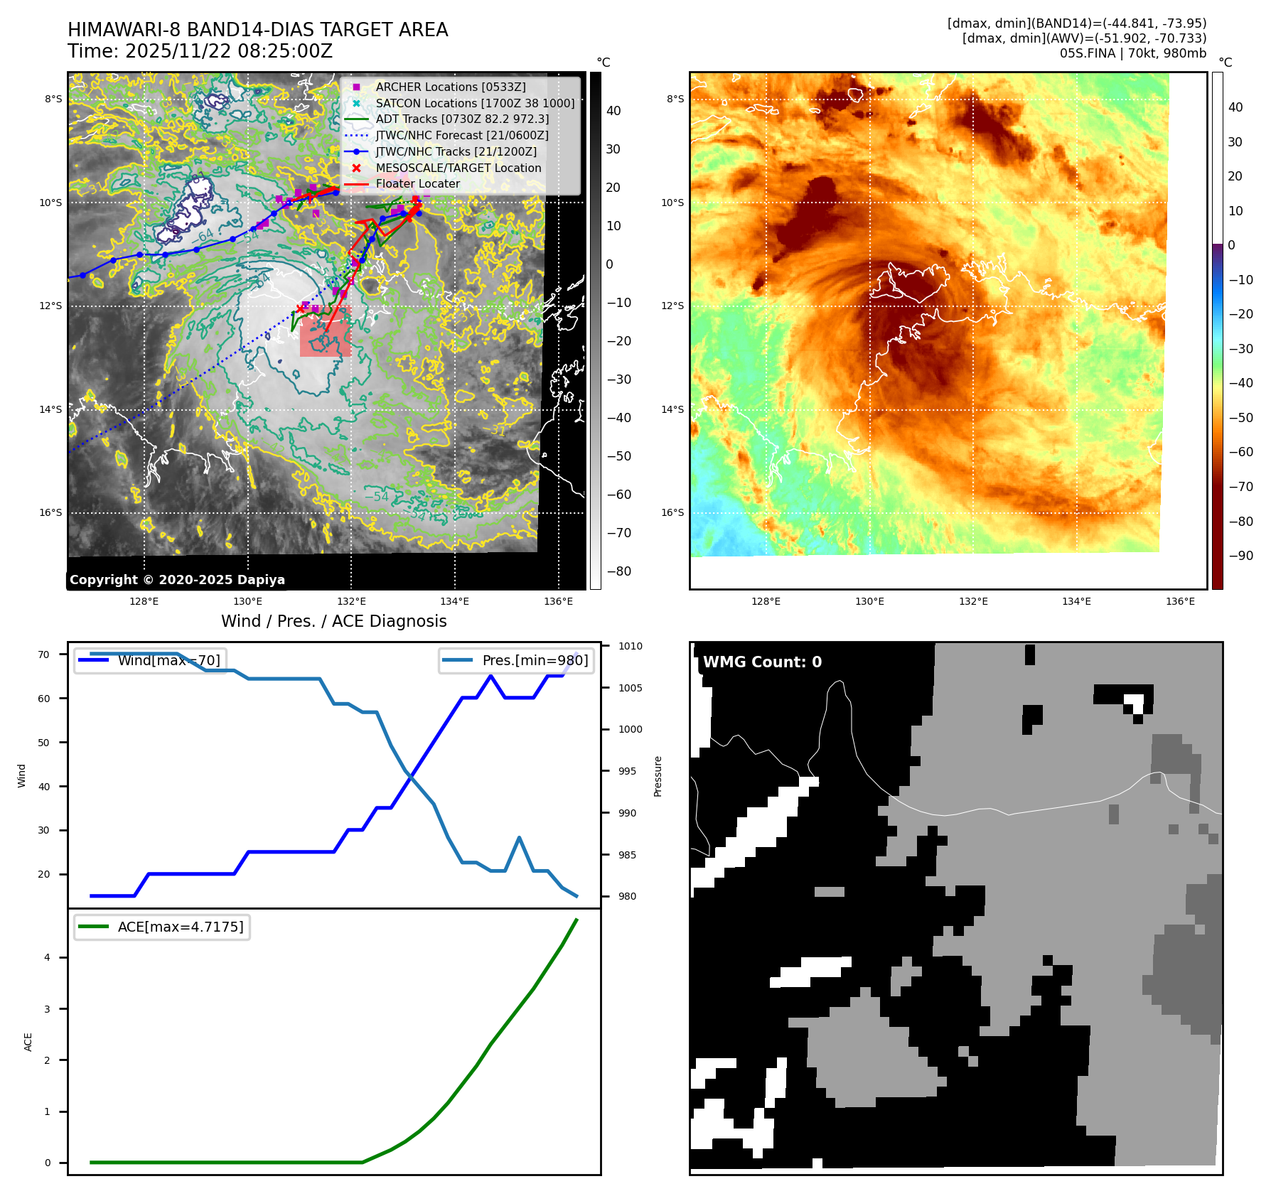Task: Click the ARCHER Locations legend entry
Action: [451, 87]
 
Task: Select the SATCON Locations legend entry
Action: [475, 103]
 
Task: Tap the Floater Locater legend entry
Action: [417, 183]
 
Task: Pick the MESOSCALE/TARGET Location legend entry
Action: [458, 168]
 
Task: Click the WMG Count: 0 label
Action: [762, 662]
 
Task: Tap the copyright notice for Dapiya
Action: [177, 580]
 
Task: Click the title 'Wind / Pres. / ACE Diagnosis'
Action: [334, 621]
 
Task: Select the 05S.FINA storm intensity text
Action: [1132, 53]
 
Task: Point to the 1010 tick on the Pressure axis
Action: [630, 646]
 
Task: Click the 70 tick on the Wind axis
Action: [44, 655]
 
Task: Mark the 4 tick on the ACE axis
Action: [48, 957]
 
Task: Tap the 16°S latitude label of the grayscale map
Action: [50, 512]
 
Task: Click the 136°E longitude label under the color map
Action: [1180, 601]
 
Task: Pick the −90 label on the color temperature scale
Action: [1241, 556]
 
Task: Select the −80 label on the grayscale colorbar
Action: [619, 571]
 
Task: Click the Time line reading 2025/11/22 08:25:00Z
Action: [200, 51]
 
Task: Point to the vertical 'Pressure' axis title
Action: [658, 776]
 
